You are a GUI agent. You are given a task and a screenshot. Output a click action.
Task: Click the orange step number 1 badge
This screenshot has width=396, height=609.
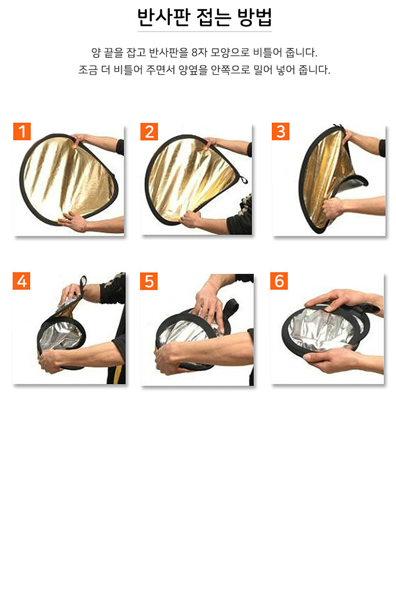[x=22, y=131]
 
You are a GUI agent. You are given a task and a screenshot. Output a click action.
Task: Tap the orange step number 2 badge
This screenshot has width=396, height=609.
[x=149, y=131]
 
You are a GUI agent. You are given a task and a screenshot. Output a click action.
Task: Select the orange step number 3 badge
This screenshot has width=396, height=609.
[x=280, y=131]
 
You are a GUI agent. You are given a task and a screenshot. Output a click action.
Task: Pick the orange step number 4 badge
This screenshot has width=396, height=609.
[x=21, y=281]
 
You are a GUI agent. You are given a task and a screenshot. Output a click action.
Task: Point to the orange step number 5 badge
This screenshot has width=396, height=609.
[x=149, y=281]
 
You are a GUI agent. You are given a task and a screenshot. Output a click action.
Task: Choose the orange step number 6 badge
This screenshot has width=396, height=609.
[x=279, y=281]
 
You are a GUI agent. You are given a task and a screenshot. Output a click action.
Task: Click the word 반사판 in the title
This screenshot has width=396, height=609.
[x=163, y=17]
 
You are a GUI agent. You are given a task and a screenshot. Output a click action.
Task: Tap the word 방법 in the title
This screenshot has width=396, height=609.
[x=254, y=17]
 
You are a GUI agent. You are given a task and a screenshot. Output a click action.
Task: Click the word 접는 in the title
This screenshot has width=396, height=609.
[x=214, y=17]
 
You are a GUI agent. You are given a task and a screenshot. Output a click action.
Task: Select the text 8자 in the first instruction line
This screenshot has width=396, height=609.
[x=199, y=52]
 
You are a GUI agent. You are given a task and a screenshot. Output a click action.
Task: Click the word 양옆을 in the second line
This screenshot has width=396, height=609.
[x=193, y=70]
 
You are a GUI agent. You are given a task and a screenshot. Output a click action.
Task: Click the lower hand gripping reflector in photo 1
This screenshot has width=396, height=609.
[x=72, y=221]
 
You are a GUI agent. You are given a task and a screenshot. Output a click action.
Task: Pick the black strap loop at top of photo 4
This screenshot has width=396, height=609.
[x=83, y=283]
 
